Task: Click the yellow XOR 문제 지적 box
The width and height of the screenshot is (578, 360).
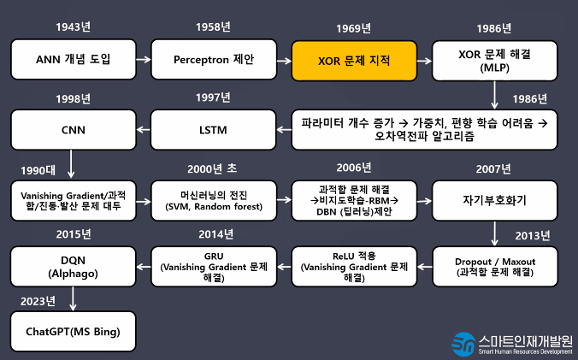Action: click(x=354, y=61)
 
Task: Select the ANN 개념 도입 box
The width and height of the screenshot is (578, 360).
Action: click(x=73, y=61)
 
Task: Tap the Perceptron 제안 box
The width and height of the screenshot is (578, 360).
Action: click(x=214, y=61)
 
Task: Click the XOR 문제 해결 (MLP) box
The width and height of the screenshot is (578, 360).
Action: click(x=494, y=61)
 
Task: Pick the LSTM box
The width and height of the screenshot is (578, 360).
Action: click(x=214, y=130)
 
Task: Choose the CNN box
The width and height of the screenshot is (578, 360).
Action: click(x=73, y=130)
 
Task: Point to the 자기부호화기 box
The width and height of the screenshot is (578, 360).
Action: click(x=494, y=200)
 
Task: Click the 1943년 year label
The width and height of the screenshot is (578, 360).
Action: click(x=73, y=27)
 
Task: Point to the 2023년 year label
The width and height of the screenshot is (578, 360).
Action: click(x=38, y=300)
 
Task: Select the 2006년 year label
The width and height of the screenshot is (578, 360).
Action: click(x=354, y=167)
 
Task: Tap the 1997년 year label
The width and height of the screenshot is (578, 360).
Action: click(x=214, y=97)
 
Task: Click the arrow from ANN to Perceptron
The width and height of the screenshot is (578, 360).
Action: click(x=143, y=61)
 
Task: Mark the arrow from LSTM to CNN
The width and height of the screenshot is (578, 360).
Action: click(x=143, y=130)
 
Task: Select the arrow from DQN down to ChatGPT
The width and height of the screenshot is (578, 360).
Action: click(x=73, y=298)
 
